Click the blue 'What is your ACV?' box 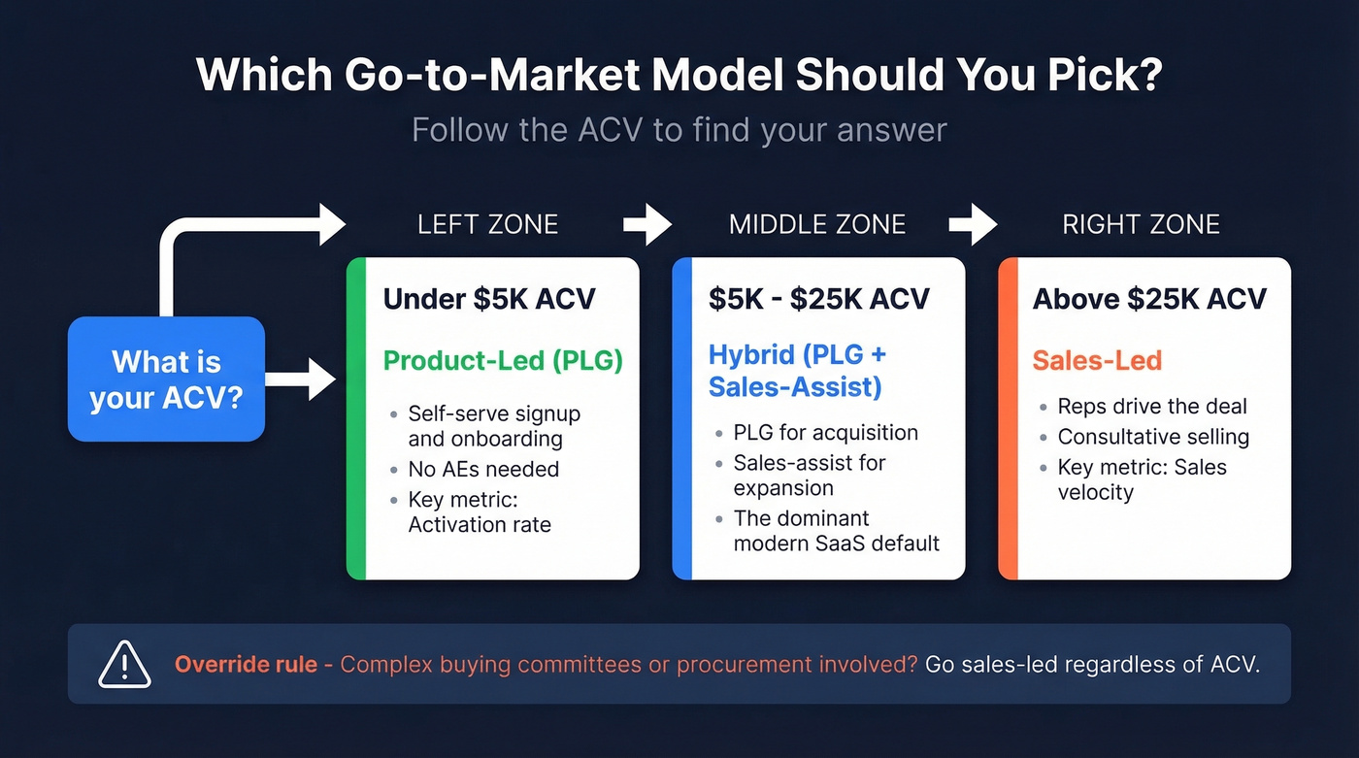click(166, 379)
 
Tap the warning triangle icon click(125, 665)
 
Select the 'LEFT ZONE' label click(487, 225)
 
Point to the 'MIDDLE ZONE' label click(817, 225)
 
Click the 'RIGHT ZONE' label click(1141, 225)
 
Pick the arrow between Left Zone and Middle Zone click(647, 225)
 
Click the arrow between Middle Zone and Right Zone click(973, 225)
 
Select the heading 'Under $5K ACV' click(489, 298)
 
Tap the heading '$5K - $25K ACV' click(818, 298)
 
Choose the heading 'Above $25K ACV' click(1149, 298)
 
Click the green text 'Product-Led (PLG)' click(503, 361)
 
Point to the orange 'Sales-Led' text click(1097, 361)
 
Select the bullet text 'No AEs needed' click(483, 470)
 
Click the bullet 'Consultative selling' click(1153, 437)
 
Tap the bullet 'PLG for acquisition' click(825, 432)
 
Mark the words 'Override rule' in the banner click(246, 665)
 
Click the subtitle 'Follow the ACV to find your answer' click(679, 130)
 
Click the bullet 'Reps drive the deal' click(1152, 407)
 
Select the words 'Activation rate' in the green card click(480, 525)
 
